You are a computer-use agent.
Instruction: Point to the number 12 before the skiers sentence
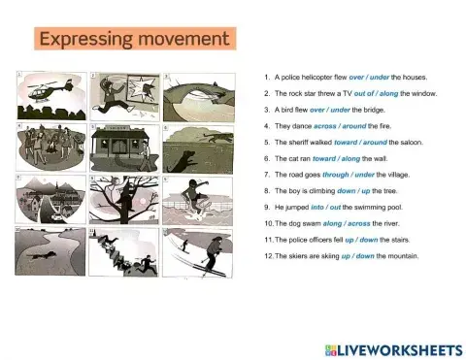click(268, 256)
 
